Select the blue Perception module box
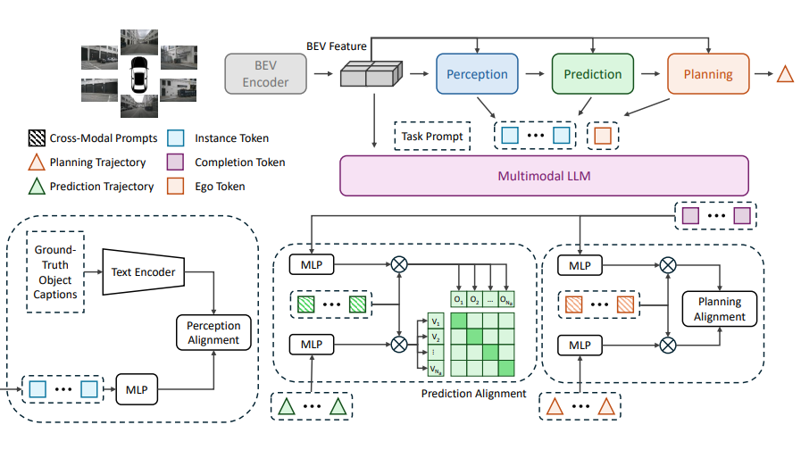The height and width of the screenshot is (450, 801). pyautogui.click(x=477, y=75)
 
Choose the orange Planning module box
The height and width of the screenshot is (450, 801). pyautogui.click(x=708, y=75)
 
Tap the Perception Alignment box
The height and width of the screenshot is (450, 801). pyautogui.click(x=213, y=332)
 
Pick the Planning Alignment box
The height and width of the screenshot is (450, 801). pyautogui.click(x=719, y=310)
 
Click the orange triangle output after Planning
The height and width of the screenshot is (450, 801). pyautogui.click(x=785, y=75)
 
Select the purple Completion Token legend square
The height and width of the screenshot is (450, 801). pyautogui.click(x=176, y=162)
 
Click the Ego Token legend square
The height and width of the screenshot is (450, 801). pyautogui.click(x=176, y=186)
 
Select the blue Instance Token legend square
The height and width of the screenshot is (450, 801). pyautogui.click(x=176, y=138)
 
